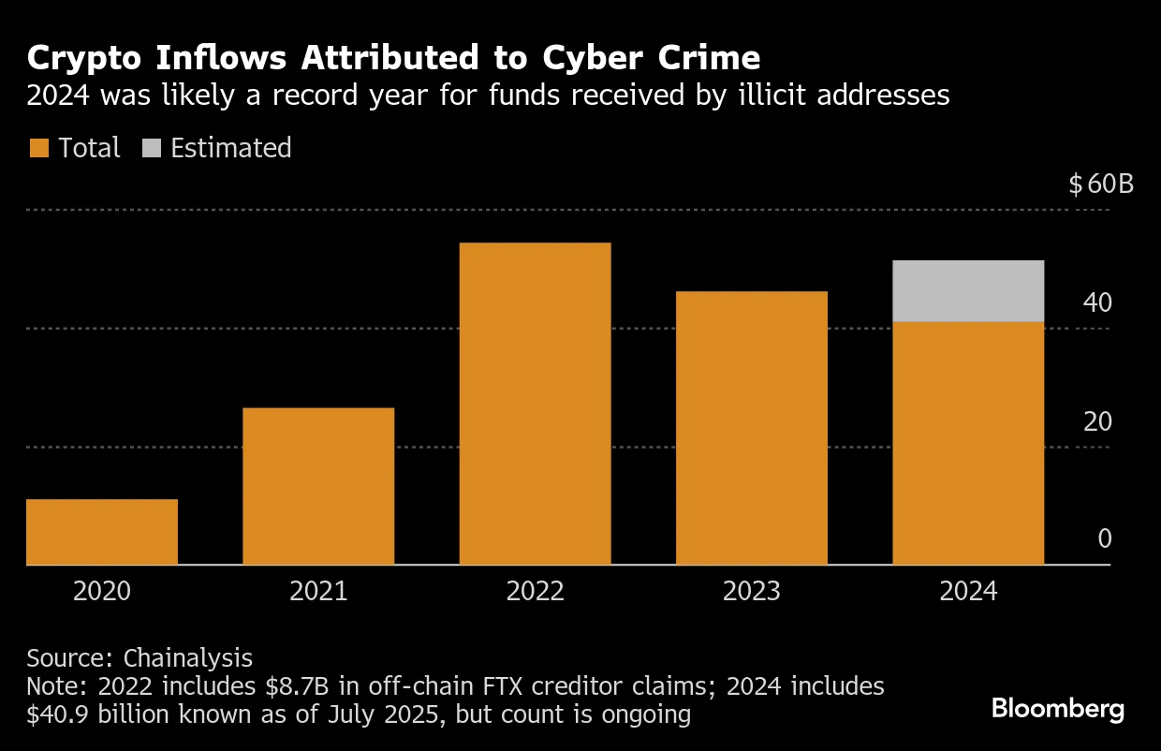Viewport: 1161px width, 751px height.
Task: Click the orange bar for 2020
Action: tap(102, 532)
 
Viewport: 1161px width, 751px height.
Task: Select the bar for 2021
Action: tap(318, 486)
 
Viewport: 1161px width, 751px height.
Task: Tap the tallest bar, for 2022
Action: tap(535, 404)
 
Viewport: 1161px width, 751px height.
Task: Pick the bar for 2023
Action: tap(752, 428)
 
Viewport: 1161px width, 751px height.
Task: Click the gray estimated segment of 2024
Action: tap(968, 291)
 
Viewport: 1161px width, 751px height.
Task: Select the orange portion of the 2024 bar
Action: tap(968, 443)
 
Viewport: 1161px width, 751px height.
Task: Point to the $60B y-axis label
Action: tap(1101, 184)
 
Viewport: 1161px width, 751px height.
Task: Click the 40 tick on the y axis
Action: tap(1097, 302)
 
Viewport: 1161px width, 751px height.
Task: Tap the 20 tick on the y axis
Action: tap(1097, 421)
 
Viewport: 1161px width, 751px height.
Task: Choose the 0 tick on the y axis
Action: tap(1105, 539)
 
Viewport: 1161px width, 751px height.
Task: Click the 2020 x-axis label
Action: tap(102, 592)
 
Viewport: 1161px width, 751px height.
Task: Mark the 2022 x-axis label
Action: tap(535, 592)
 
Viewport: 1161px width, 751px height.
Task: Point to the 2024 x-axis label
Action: tap(968, 592)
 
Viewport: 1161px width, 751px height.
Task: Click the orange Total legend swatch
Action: tap(38, 148)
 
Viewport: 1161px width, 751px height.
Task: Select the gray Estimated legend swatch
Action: tap(151, 148)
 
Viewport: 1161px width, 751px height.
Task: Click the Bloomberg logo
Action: tap(1058, 709)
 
